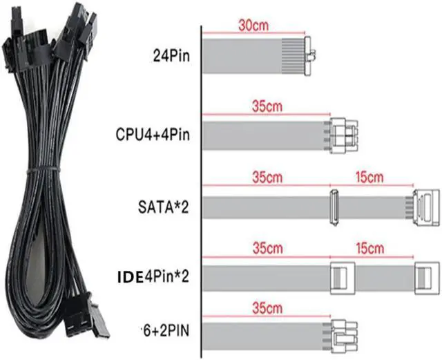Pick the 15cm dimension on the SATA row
pos(371,177)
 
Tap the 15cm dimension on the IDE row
pos(371,247)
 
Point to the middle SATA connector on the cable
pos(333,207)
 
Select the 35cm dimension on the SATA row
pos(245,177)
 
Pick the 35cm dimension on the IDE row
pos(245,247)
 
